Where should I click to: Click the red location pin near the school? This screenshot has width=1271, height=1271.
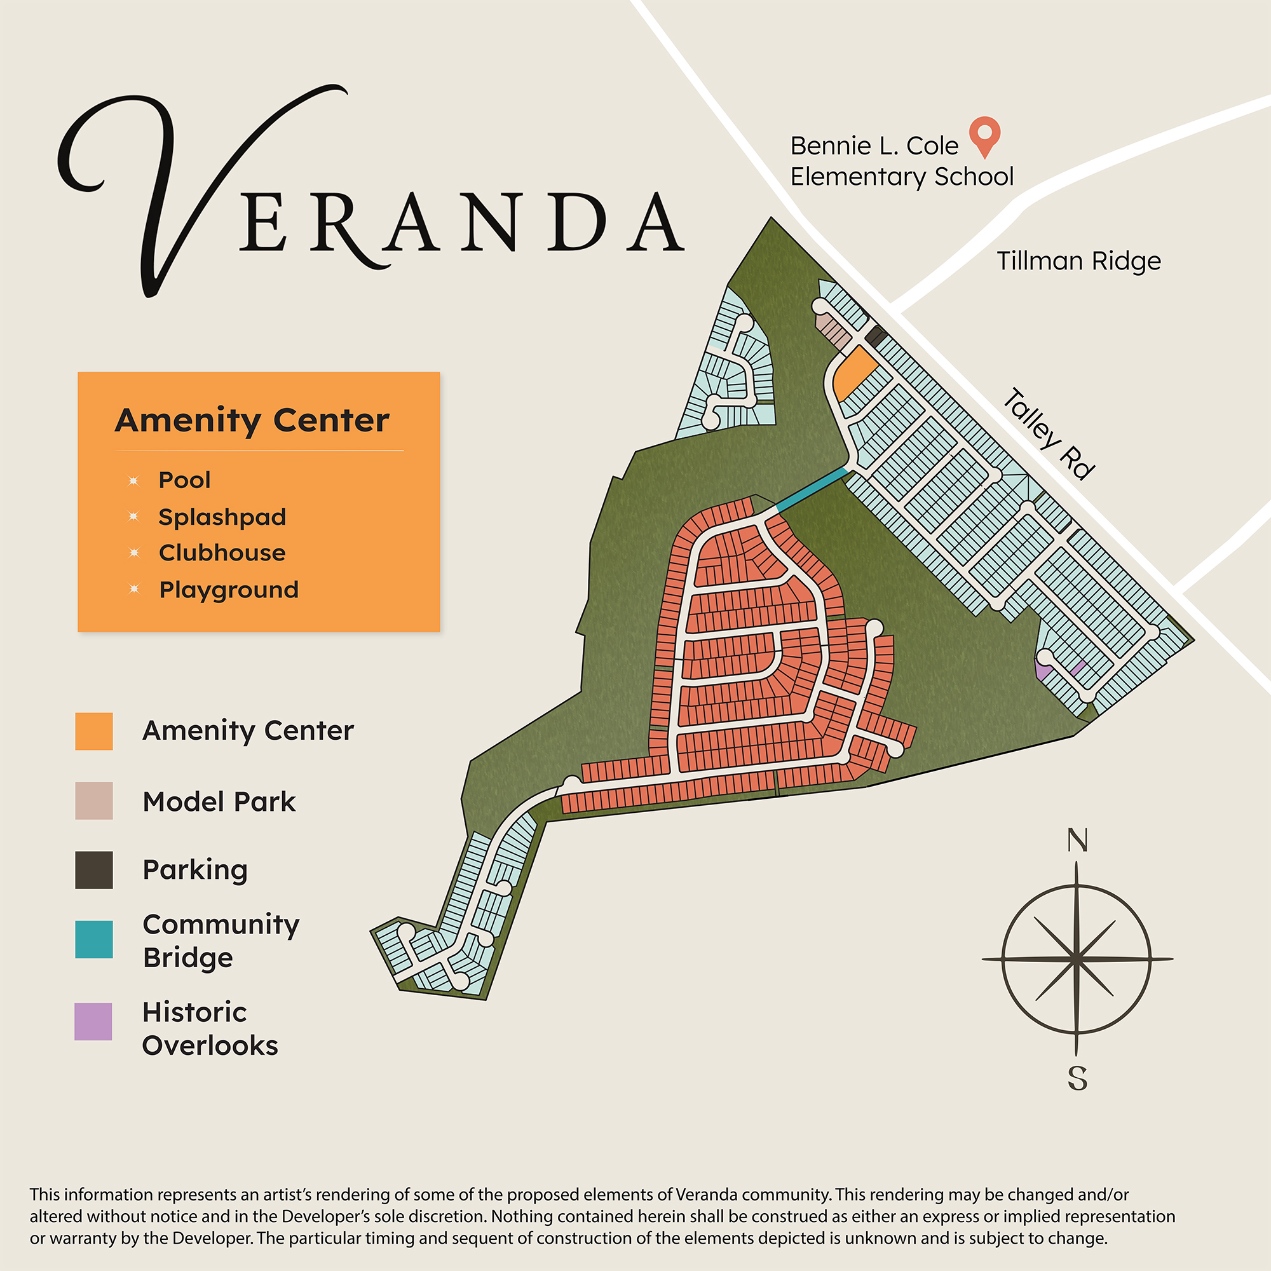(984, 133)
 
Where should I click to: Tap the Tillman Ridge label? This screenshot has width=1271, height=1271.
(1078, 261)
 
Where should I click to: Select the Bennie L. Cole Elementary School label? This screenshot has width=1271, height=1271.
(901, 161)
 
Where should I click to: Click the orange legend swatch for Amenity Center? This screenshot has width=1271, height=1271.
(94, 731)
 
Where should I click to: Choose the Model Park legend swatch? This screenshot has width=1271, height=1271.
(94, 801)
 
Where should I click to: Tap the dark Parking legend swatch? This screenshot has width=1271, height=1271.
(94, 870)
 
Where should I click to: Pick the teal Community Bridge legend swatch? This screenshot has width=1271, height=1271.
(94, 939)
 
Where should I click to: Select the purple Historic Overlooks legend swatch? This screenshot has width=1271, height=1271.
(93, 1021)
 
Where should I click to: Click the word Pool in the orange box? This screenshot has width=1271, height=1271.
(184, 480)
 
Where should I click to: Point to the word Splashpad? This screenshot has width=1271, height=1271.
(222, 517)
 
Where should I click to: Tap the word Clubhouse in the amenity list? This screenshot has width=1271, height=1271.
(222, 553)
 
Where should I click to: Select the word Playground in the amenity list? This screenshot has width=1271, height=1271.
(229, 590)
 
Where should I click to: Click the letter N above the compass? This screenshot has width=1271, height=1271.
(1077, 840)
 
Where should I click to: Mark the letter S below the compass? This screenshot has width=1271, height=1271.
(1077, 1078)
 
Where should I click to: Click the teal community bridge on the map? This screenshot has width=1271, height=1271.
(812, 489)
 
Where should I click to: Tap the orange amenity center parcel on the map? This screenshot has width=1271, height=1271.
(853, 373)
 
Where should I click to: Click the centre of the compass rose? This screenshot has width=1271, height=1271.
(1077, 959)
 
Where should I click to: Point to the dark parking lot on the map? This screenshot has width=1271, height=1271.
(876, 336)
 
